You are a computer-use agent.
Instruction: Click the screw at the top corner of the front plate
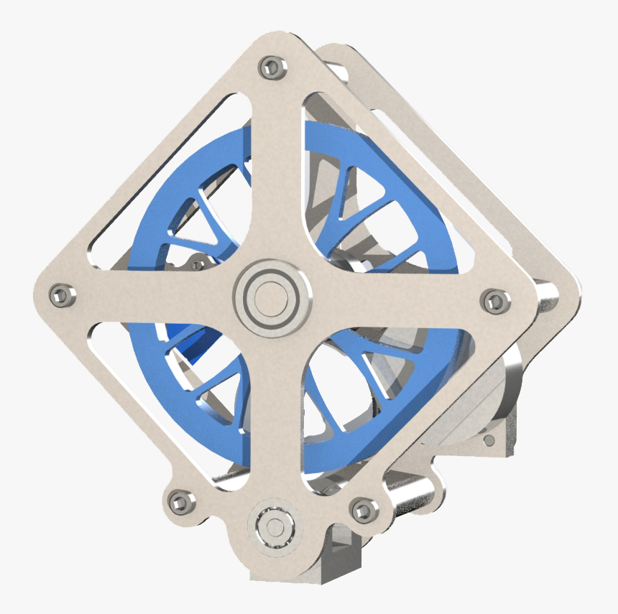272,68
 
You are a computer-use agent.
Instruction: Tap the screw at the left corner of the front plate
60,294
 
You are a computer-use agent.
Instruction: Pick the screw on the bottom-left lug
177,501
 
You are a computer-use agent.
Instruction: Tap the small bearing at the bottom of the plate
274,526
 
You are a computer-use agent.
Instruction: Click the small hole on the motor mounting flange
489,439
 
